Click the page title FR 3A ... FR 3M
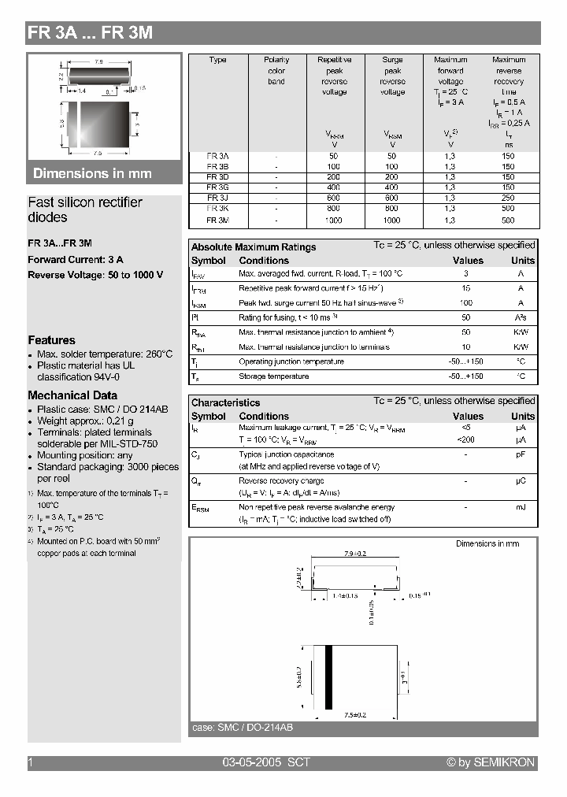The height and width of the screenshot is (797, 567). click(x=90, y=33)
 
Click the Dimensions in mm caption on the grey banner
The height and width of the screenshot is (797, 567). click(x=92, y=173)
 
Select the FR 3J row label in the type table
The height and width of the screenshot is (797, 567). click(x=218, y=198)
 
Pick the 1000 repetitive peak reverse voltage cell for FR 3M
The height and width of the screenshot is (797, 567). click(x=335, y=221)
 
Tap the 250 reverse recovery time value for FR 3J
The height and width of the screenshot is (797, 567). click(x=508, y=198)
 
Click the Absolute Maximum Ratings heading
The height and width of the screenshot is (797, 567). click(x=254, y=247)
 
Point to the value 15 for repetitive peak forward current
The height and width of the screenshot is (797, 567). click(x=467, y=288)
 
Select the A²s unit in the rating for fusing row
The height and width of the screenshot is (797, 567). click(x=521, y=317)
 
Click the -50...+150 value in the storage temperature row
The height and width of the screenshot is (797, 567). click(x=467, y=376)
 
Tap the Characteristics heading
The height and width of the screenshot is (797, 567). click(x=225, y=402)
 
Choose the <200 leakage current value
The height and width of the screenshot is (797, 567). click(x=467, y=439)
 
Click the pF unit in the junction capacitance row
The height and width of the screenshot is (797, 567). click(x=521, y=454)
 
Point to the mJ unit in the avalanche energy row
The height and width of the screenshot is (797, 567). click(x=521, y=507)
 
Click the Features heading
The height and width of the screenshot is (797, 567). click(x=52, y=340)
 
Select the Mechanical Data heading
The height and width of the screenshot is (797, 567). click(x=72, y=395)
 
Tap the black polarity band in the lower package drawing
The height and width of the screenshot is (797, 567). click(x=329, y=675)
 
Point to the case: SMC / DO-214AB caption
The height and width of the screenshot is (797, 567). click(x=243, y=728)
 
